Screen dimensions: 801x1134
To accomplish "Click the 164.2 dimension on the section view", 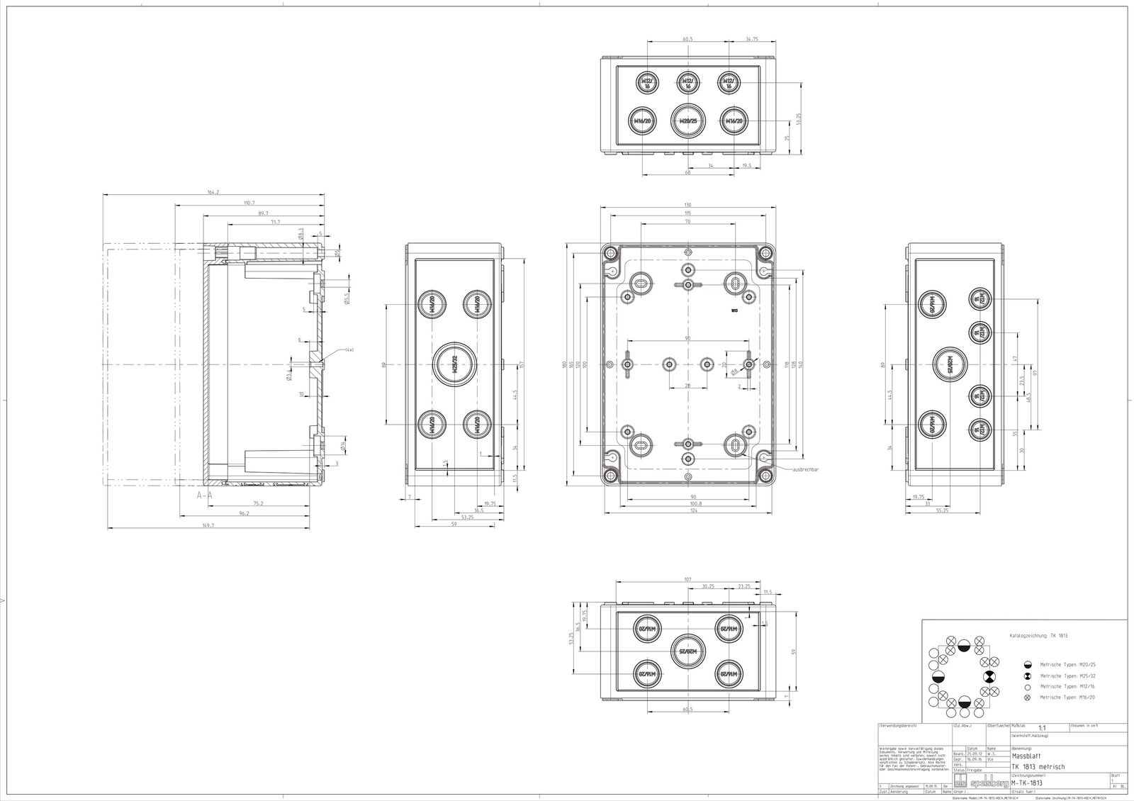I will [213, 192].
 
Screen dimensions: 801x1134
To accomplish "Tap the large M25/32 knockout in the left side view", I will [454, 364].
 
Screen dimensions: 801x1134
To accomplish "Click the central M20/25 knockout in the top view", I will [687, 121].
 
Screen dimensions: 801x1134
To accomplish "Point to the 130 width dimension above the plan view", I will [687, 205].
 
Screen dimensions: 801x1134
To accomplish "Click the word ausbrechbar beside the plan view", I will [808, 469].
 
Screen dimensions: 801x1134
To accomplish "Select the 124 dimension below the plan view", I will [687, 511].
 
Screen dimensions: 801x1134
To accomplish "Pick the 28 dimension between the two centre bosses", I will [687, 385].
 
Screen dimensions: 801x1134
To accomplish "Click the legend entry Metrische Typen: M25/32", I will [1067, 676].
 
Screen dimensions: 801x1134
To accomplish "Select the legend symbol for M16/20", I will [1028, 698].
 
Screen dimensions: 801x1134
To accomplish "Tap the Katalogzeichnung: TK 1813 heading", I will [1033, 636].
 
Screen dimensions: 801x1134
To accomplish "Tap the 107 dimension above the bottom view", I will [687, 579].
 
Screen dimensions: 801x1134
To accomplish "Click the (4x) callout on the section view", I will [349, 350].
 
